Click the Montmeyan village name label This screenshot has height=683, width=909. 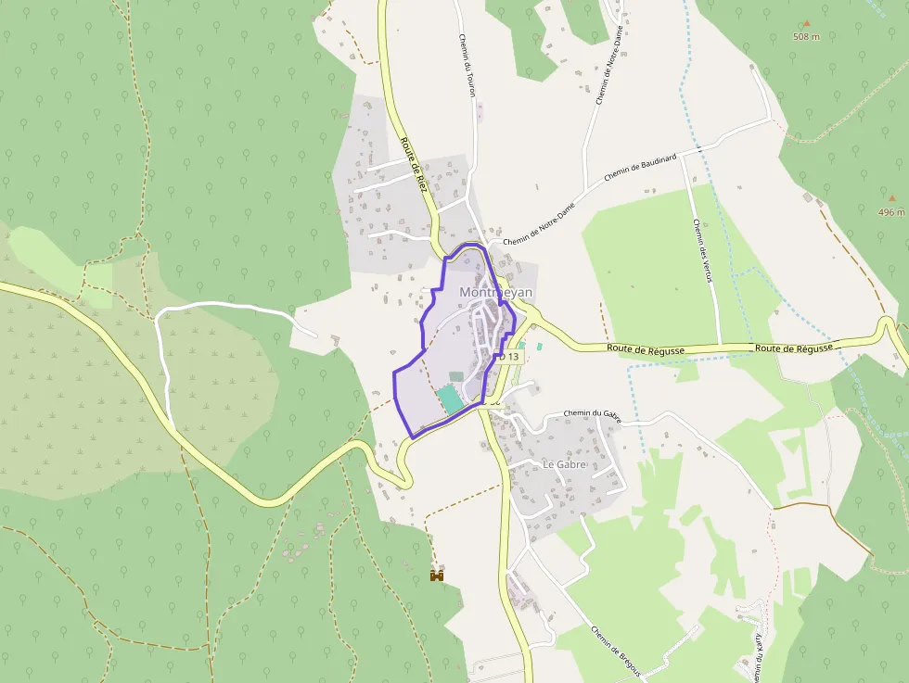coord(496,293)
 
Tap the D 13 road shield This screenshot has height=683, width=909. coord(508,357)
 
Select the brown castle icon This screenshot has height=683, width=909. coord(437,575)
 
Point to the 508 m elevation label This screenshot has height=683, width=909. coord(806,37)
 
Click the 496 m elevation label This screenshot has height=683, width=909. coord(891,211)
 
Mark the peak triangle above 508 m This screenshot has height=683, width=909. coord(806,23)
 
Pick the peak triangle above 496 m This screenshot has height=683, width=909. coord(891,197)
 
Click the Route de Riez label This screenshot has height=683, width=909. coord(414,164)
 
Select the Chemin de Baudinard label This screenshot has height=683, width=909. coord(640,164)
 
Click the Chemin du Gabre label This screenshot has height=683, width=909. coord(591,412)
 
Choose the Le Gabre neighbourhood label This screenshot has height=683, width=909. coord(564,464)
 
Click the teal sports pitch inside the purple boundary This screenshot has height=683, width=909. coord(451,399)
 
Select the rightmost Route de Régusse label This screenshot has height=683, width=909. coord(794,348)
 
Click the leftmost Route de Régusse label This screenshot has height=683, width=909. coord(646,348)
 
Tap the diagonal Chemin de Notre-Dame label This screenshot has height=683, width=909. coord(539,223)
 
